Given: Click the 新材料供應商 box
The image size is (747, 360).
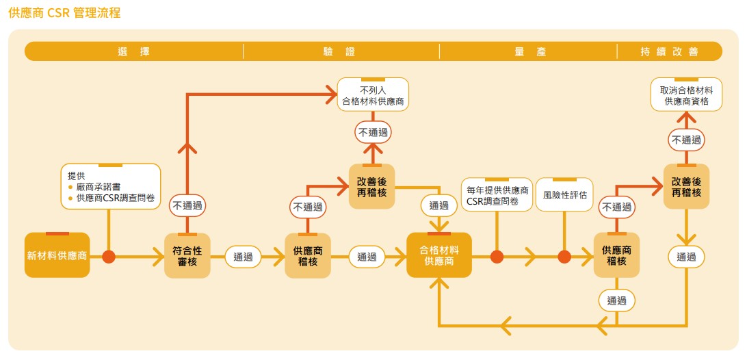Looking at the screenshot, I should click(x=57, y=255).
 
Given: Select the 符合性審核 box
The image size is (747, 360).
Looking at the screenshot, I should click(x=187, y=255).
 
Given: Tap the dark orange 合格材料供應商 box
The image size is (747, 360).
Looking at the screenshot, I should click(x=439, y=255).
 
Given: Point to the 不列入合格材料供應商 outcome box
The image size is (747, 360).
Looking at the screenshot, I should click(x=373, y=94).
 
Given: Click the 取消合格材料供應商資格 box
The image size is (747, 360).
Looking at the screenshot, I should click(x=686, y=96).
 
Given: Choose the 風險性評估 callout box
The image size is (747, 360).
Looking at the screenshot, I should click(x=564, y=194).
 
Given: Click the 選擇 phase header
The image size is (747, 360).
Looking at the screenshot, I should click(x=133, y=51).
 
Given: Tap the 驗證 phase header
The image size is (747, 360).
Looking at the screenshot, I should click(x=340, y=51).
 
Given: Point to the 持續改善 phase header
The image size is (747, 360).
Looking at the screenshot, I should click(x=669, y=51).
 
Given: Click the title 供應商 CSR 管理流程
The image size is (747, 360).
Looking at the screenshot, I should click(x=65, y=13).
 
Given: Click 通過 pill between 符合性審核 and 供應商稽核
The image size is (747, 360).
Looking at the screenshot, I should click(x=244, y=257).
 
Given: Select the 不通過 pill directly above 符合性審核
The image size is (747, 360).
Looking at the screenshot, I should click(x=187, y=205).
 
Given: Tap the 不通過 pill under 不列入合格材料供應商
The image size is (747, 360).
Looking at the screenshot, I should click(x=373, y=133).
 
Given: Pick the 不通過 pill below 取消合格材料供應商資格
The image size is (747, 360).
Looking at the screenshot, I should click(x=686, y=140).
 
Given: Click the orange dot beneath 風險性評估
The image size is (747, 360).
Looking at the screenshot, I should click(x=564, y=257).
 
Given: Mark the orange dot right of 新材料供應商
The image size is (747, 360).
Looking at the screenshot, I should click(x=109, y=257).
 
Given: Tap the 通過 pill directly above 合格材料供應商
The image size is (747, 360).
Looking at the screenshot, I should click(x=438, y=205).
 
